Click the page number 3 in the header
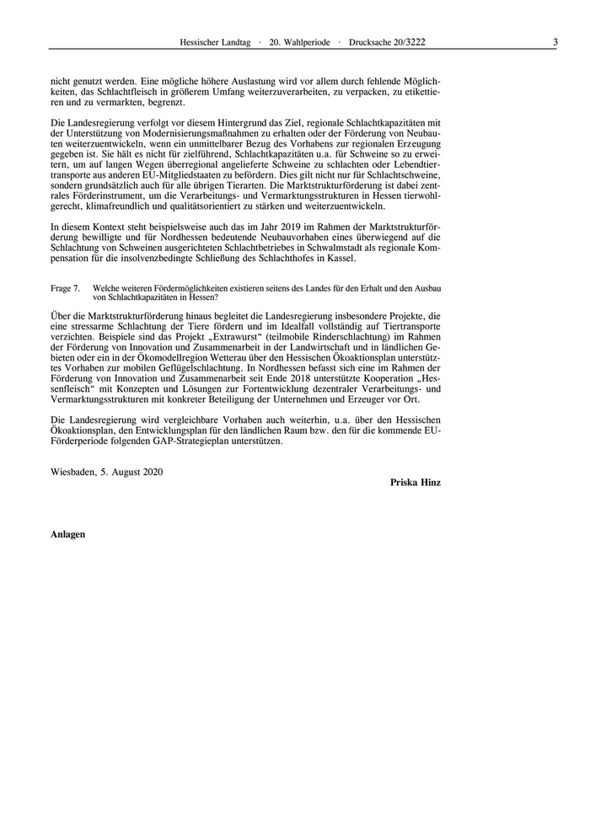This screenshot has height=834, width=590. [555, 41]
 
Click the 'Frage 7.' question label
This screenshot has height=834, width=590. [65, 288]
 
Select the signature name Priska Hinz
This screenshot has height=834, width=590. [416, 482]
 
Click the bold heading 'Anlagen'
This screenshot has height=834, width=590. [67, 534]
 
